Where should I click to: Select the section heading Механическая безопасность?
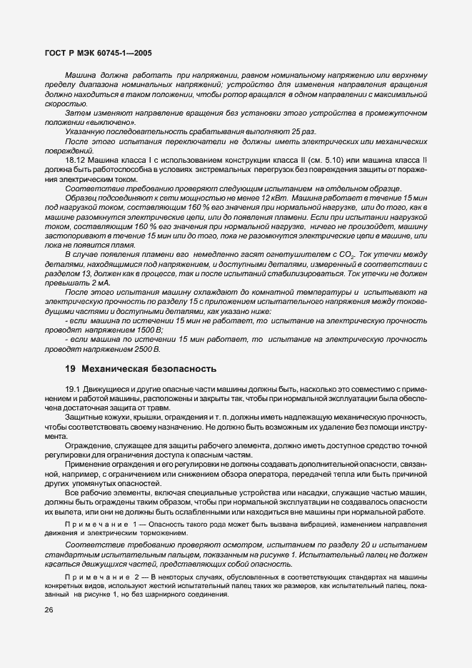148,369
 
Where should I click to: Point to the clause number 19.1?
73,387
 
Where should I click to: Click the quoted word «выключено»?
93,123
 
